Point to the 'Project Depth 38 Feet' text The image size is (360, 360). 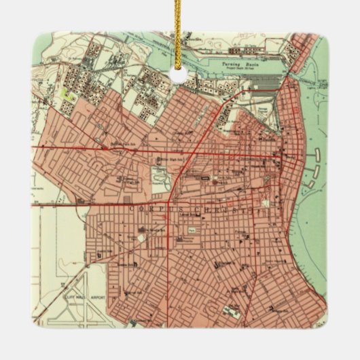click(x=238, y=67)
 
